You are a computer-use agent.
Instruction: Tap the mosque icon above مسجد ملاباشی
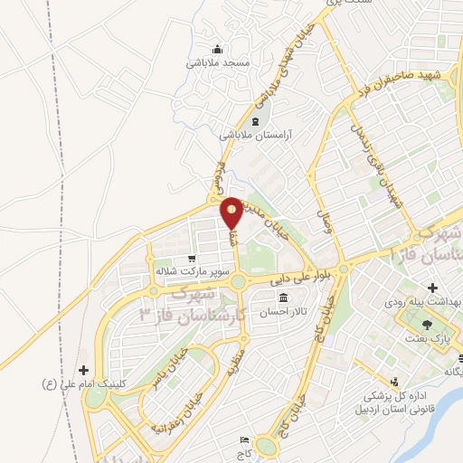point(217,49)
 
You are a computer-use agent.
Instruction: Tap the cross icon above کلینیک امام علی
point(84,370)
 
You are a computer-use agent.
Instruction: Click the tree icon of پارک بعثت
point(426,324)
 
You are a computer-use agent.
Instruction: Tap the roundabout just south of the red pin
point(238,282)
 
